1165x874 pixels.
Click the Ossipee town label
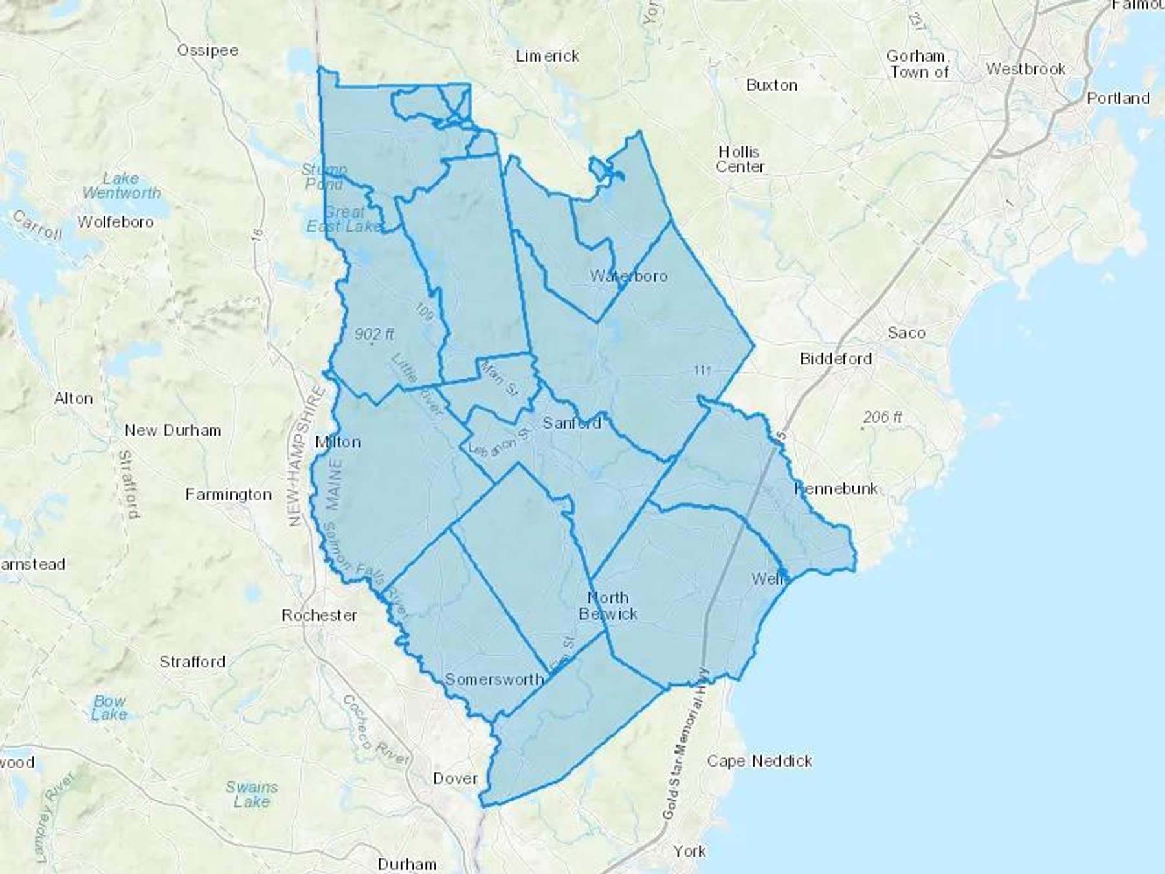(208, 50)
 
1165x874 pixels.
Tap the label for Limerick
(548, 56)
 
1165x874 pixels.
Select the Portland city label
(1118, 98)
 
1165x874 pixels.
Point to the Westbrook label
(1025, 69)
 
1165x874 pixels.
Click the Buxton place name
(771, 85)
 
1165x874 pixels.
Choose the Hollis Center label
(740, 159)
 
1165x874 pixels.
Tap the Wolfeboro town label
(116, 222)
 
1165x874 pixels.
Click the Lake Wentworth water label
(121, 186)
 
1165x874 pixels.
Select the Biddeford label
(836, 359)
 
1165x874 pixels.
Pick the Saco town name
(906, 333)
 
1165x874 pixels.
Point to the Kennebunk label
(836, 488)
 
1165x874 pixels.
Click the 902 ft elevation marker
(374, 335)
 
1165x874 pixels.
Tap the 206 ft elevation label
(882, 418)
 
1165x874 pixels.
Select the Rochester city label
(319, 615)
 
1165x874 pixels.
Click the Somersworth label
(494, 679)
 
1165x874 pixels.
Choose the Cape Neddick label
(759, 761)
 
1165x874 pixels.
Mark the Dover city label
(455, 778)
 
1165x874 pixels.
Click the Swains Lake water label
(251, 794)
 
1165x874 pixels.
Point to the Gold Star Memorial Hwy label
(685, 745)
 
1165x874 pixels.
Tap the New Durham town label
(173, 431)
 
